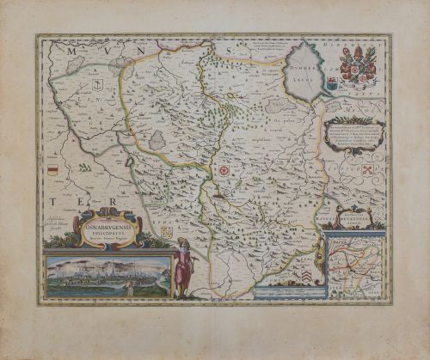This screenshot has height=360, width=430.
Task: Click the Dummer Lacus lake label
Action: [302, 75]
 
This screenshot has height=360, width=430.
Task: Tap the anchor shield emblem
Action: [97, 85]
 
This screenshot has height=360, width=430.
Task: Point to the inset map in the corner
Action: [356, 263]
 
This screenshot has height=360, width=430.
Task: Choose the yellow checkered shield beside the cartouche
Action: [167, 231]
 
